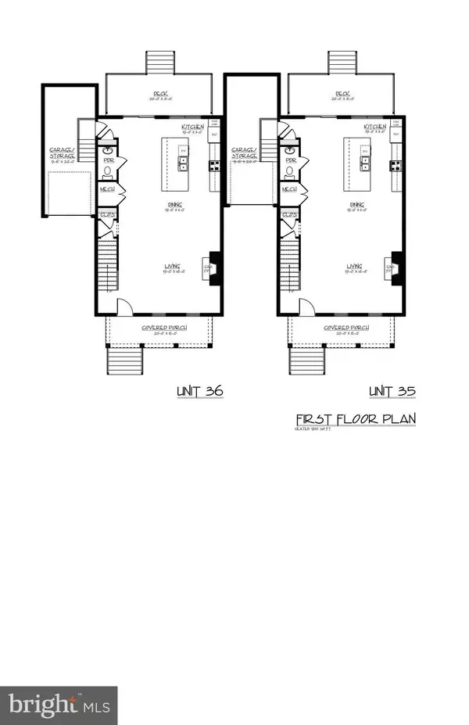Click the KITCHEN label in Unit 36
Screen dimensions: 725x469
pos(192,127)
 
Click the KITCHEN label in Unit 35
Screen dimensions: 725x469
pos(374,127)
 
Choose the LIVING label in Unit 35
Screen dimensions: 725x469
pos(356,267)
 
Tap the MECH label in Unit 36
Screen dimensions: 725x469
pos(107,189)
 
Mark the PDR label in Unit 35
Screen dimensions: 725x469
pos(290,159)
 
